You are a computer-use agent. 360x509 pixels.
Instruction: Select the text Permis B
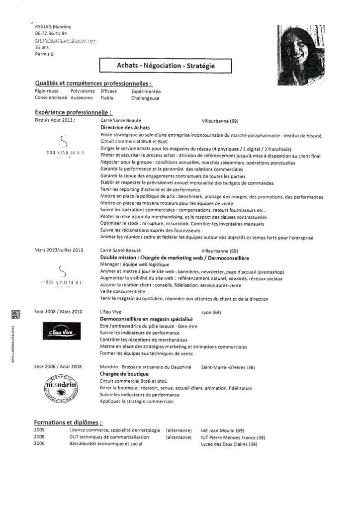(45, 54)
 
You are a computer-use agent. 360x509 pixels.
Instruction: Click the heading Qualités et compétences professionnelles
(93, 84)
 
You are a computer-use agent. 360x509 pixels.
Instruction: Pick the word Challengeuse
(145, 98)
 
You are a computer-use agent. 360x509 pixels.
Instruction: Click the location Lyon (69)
(210, 312)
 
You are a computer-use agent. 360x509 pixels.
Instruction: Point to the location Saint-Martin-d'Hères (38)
(228, 367)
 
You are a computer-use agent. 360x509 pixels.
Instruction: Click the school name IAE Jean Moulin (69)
(222, 430)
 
